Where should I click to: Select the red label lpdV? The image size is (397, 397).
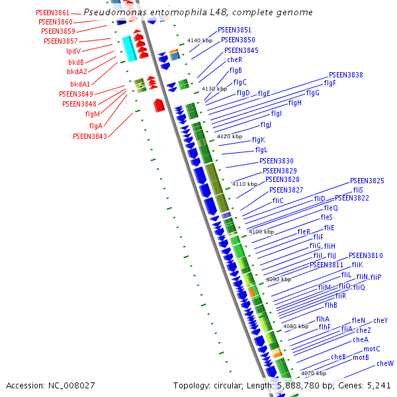[x=73, y=51]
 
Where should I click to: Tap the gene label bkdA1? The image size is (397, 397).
[x=80, y=84]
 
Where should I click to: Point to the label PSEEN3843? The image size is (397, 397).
[x=89, y=136]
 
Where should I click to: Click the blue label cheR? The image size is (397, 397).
[x=235, y=60]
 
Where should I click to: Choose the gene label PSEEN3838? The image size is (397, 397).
[x=345, y=75]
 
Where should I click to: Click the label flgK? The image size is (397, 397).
[x=258, y=140]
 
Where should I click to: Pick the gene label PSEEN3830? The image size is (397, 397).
[x=276, y=161]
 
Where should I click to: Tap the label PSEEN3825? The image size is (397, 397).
[x=367, y=181]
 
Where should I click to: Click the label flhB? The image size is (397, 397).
[x=331, y=305]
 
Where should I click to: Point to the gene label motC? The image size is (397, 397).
[x=372, y=349]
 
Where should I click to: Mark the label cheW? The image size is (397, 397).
[x=385, y=363]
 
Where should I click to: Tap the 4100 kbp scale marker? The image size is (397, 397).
[x=261, y=232]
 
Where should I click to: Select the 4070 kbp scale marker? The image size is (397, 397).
[x=312, y=373]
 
